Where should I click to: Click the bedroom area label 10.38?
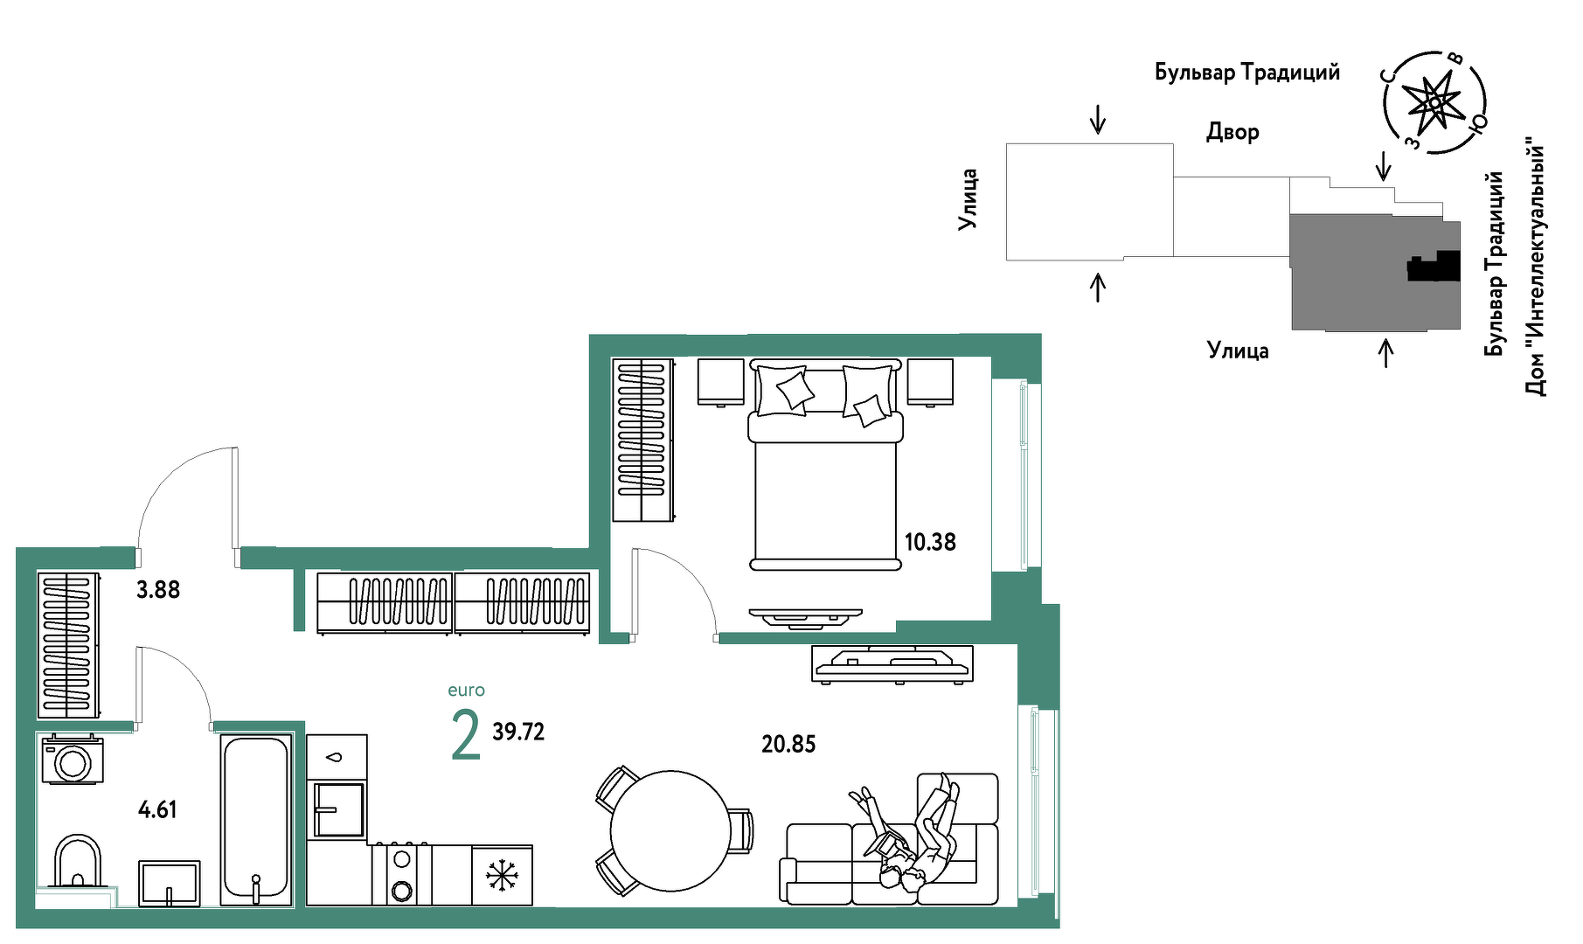930,542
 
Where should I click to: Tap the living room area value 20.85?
788,744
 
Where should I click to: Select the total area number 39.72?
518,732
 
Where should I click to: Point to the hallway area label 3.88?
158,590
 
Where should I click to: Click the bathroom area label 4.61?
157,809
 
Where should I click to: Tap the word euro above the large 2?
466,691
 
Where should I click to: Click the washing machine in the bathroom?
73,759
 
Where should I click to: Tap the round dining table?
670,830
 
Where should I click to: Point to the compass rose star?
1434,103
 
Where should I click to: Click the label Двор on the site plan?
1232,132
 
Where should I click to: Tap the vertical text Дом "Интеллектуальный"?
1536,266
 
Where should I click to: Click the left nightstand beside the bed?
721,382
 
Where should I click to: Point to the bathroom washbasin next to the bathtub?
170,883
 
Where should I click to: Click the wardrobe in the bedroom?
642,440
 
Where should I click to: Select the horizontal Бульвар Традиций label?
1247,73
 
